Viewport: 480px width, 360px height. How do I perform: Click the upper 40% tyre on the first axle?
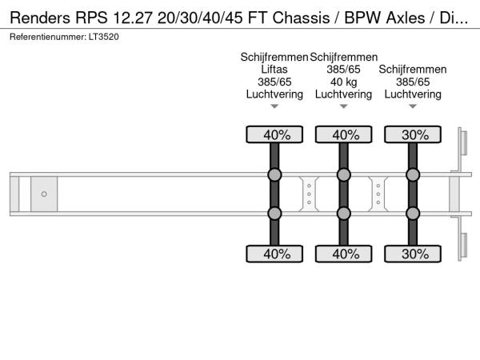[274, 135]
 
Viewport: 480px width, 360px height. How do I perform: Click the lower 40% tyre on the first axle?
[274, 254]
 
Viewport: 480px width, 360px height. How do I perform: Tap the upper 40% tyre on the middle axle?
[343, 135]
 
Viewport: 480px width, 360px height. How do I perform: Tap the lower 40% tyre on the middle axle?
[343, 254]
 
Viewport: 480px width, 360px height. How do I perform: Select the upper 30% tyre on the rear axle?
[413, 135]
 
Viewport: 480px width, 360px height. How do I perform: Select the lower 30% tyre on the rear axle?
[413, 254]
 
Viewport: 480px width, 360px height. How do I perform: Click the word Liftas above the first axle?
[274, 70]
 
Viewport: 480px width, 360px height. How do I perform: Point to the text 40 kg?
[343, 82]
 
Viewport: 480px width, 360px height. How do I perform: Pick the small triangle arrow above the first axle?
[274, 106]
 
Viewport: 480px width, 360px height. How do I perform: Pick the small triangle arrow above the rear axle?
[413, 106]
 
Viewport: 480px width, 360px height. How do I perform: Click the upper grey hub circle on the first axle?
[274, 175]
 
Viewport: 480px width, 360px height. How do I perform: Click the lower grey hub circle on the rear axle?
[413, 214]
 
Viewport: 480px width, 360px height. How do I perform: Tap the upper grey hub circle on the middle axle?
[343, 175]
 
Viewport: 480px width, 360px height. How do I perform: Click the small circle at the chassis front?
[44, 194]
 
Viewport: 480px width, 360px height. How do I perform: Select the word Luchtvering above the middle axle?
[343, 94]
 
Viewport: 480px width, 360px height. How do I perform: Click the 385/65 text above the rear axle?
[413, 82]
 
